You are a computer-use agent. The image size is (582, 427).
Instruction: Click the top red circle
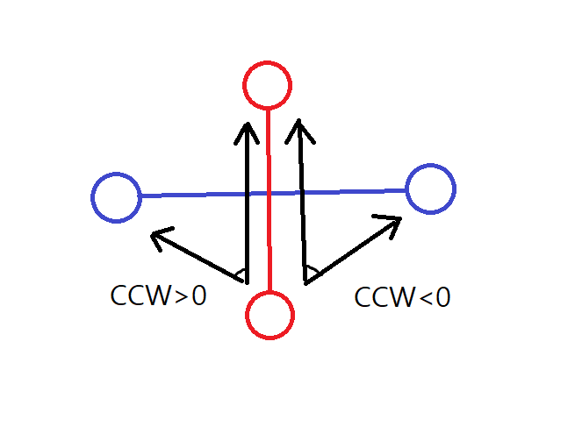(267, 86)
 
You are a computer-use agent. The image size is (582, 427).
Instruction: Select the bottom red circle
(269, 315)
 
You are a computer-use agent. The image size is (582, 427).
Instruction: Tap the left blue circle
(116, 197)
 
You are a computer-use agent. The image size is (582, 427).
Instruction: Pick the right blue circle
(430, 189)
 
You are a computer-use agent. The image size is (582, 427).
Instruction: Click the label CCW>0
(159, 296)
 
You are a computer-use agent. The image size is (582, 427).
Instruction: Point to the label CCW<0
(403, 297)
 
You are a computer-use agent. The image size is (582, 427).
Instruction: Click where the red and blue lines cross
(269, 193)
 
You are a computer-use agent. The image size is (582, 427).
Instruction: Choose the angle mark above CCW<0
(313, 271)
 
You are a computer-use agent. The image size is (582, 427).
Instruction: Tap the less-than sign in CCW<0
(421, 298)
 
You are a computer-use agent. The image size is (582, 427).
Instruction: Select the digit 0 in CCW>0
(198, 296)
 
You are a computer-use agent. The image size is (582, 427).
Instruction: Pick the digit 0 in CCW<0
(442, 297)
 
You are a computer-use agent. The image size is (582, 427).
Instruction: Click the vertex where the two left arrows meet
(247, 282)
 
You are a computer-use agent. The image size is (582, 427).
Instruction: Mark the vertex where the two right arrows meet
(305, 282)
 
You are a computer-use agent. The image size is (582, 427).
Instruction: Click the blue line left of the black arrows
(193, 195)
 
